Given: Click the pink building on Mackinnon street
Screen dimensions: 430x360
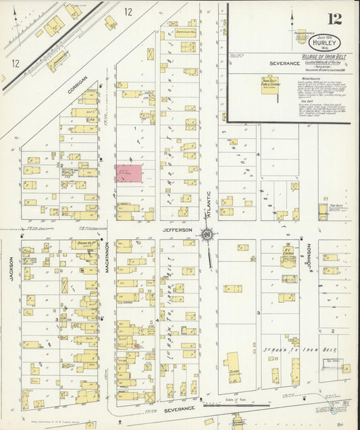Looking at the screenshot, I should pyautogui.click(x=128, y=173).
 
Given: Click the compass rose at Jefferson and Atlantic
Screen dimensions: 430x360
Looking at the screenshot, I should pyautogui.click(x=206, y=235).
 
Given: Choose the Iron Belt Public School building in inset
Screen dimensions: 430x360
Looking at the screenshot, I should pyautogui.click(x=275, y=87).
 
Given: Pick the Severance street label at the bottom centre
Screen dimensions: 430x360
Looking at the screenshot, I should pyautogui.click(x=179, y=408).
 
